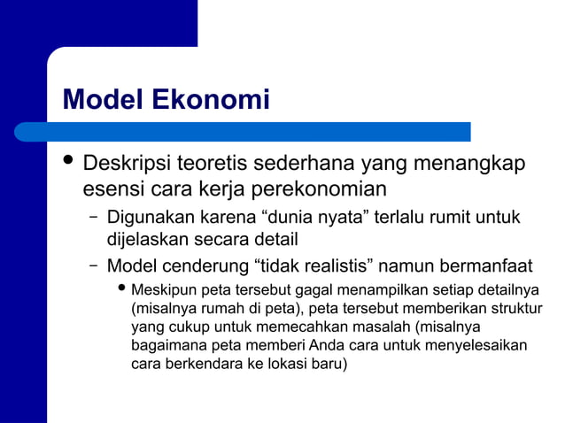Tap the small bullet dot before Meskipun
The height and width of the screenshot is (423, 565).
[x=122, y=289]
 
